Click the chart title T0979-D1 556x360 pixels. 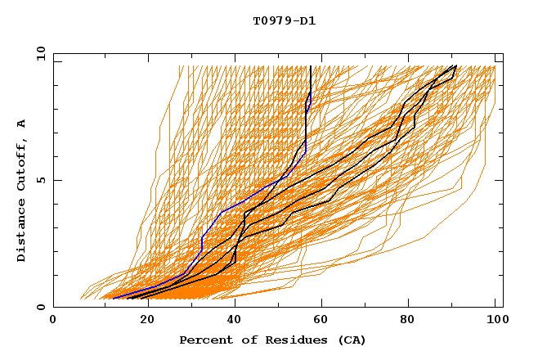(x=285, y=20)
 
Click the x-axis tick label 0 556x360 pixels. (x=53, y=321)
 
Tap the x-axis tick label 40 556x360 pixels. (x=235, y=321)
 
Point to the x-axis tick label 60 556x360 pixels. (x=323, y=321)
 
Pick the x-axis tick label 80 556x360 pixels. (x=411, y=321)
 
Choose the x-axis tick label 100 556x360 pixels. (x=495, y=321)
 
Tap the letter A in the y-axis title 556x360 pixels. (x=22, y=124)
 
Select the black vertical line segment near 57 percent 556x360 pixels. (x=312, y=82)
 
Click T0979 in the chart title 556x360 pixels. (x=271, y=20)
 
